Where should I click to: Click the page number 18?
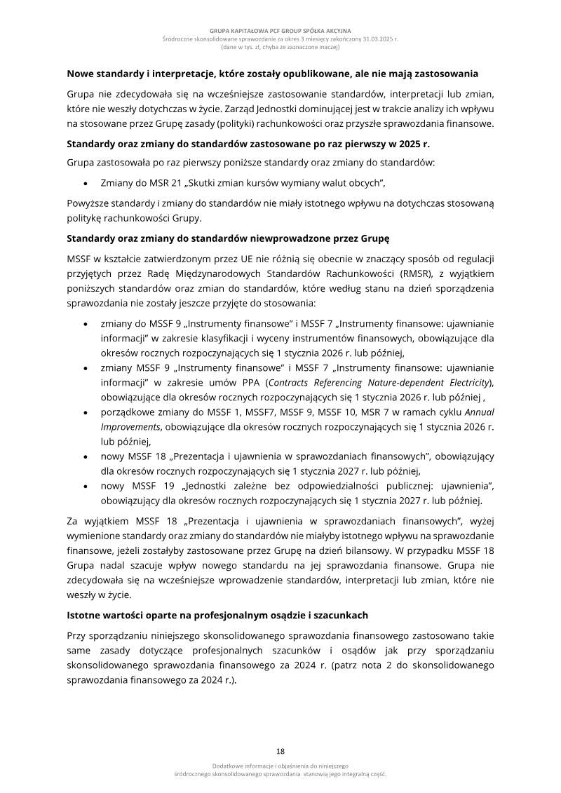(280, 750)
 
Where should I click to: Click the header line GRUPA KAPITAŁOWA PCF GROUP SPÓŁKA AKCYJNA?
(280, 32)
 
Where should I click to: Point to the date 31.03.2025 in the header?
(375, 40)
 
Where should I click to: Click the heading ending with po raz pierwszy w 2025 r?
(248, 144)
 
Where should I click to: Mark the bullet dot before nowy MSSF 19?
(85, 487)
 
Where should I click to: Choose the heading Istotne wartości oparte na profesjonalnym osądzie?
(217, 615)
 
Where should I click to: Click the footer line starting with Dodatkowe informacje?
(280, 766)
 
